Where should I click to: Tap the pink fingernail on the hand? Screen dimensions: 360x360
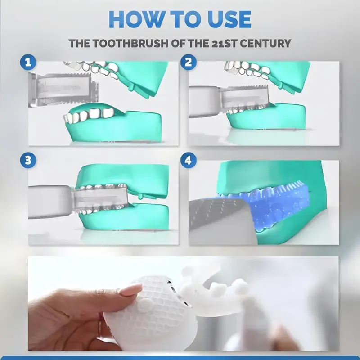(130, 291)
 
